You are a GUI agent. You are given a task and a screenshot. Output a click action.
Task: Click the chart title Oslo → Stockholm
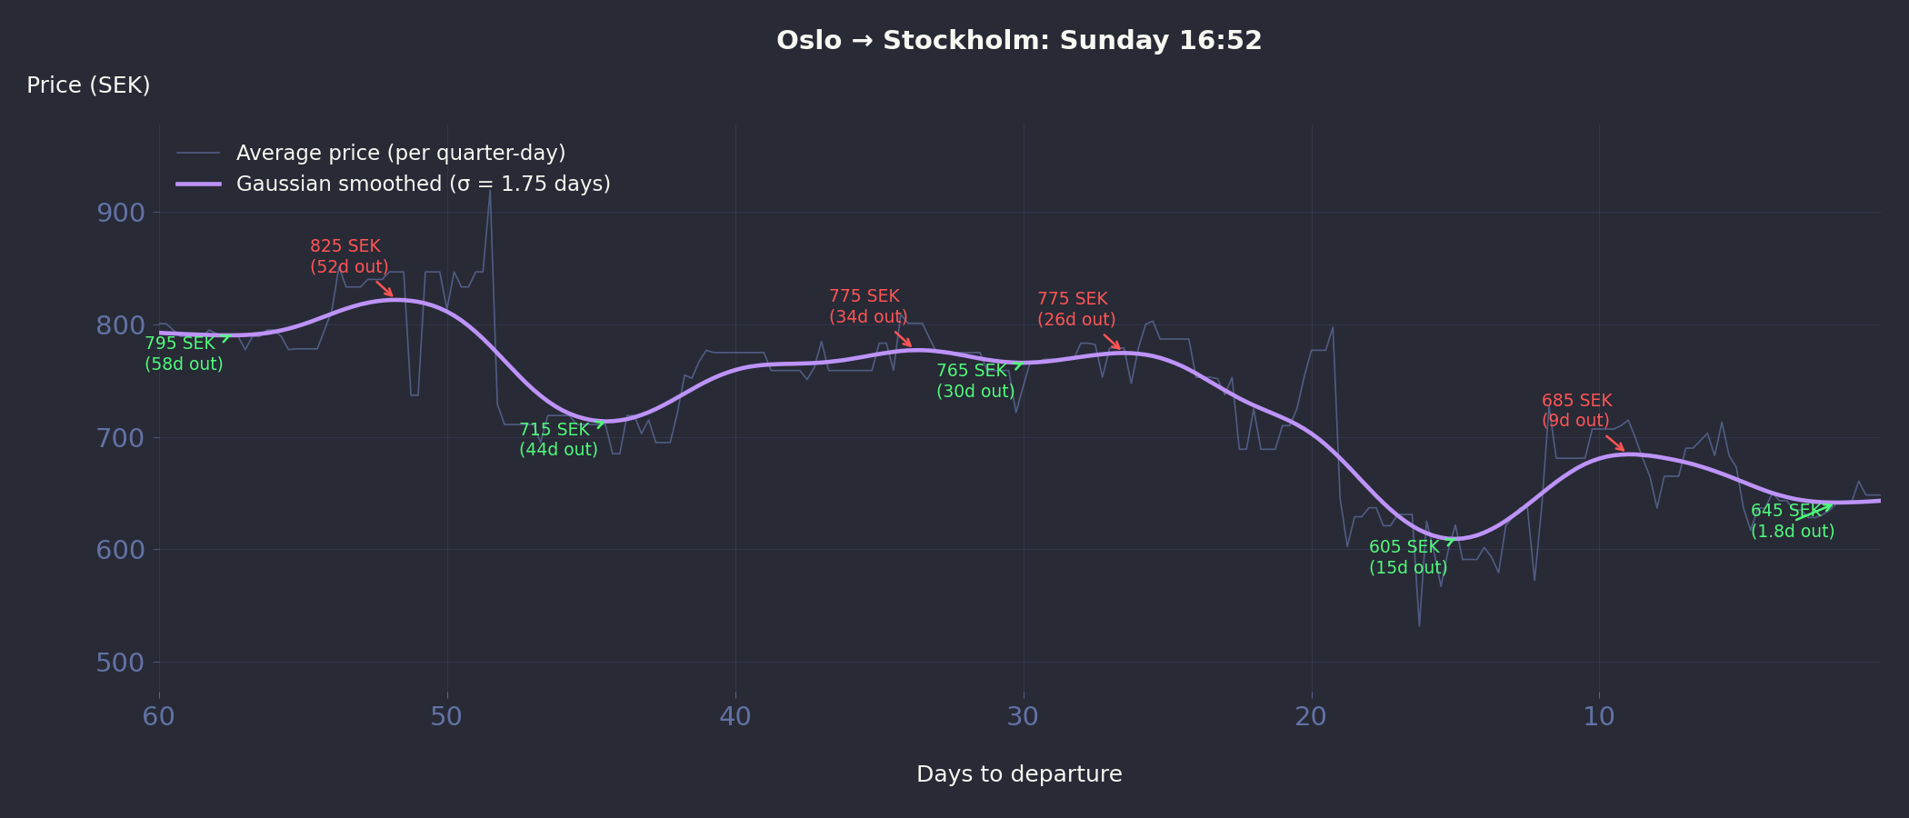click(x=1018, y=41)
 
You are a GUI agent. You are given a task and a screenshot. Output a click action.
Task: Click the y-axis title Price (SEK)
click(x=88, y=85)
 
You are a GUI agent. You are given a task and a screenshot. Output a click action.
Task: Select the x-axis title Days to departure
click(x=1018, y=774)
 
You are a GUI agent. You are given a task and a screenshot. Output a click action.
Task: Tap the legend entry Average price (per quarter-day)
click(x=400, y=153)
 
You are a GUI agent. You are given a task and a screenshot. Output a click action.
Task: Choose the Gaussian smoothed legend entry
click(x=423, y=184)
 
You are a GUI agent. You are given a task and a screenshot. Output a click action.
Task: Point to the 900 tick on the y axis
click(x=120, y=213)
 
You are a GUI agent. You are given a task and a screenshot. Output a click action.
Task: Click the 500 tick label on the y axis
click(x=120, y=663)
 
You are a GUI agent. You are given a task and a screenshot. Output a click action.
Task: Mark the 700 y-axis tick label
click(x=120, y=438)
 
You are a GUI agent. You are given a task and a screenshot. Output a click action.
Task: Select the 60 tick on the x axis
click(x=159, y=717)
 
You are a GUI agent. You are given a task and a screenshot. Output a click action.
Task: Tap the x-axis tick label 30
click(x=1023, y=717)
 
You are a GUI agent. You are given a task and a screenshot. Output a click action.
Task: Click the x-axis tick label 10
click(x=1599, y=717)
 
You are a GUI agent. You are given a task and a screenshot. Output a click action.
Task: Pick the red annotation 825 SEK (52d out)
click(x=349, y=256)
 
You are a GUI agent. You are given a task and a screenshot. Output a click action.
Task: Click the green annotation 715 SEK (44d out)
click(x=558, y=440)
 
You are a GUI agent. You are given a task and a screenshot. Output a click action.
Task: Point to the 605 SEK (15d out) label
click(x=1407, y=557)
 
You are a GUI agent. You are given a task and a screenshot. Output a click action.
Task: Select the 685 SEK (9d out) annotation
click(x=1576, y=411)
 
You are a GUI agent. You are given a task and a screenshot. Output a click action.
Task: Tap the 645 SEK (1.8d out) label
click(x=1792, y=521)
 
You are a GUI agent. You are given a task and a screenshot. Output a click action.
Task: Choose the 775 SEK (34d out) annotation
click(x=867, y=306)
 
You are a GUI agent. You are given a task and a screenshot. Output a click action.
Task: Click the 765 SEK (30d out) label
click(x=974, y=381)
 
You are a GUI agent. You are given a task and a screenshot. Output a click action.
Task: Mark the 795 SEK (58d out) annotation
click(x=184, y=354)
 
